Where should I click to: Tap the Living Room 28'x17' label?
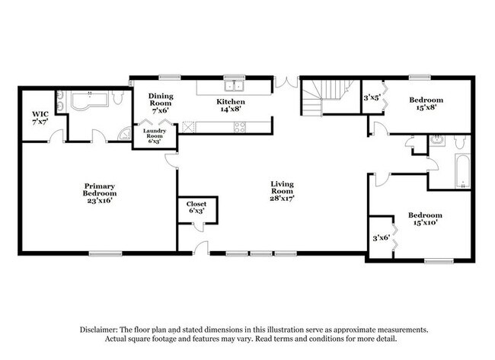[283, 191]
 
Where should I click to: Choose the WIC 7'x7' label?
[40, 118]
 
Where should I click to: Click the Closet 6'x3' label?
[196, 207]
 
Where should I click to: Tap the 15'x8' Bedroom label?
[426, 104]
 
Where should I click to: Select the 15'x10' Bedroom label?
[425, 218]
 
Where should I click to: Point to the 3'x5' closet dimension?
[372, 98]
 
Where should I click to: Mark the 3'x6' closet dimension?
[382, 237]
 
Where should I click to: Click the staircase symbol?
[328, 96]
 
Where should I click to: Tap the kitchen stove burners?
[239, 127]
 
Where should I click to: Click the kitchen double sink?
[235, 85]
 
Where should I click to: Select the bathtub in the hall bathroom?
[462, 171]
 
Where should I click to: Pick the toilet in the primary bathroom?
[117, 97]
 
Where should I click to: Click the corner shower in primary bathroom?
[124, 134]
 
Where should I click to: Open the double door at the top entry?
[286, 81]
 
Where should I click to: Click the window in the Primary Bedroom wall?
[105, 253]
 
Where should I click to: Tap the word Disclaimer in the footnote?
[99, 330]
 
